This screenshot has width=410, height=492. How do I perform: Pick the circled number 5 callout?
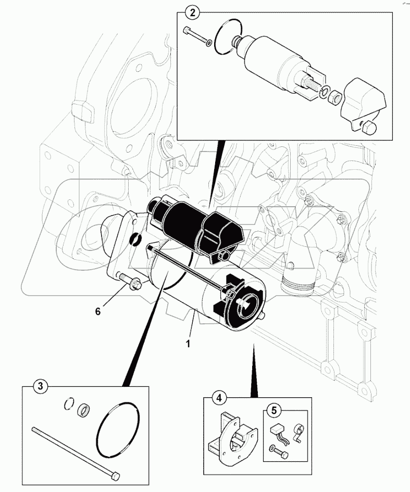point(273,409)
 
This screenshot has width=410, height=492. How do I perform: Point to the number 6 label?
point(97,311)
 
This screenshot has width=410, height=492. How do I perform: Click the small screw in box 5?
point(278,450)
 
